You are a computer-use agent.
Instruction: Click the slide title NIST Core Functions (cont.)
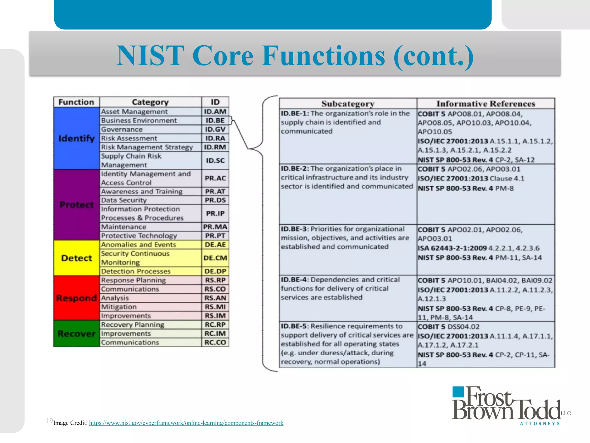tap(295, 55)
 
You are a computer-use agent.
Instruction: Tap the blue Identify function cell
tap(76, 138)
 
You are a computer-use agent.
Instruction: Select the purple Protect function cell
tap(76, 205)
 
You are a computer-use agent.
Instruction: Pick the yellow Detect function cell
tap(76, 258)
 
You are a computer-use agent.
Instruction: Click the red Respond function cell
tap(76, 298)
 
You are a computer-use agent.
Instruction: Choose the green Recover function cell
tap(76, 334)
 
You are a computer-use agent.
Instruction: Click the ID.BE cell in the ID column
tap(215, 121)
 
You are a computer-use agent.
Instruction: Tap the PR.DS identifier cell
tap(215, 200)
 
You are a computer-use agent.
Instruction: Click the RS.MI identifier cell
tap(215, 307)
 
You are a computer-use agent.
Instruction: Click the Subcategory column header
tap(348, 104)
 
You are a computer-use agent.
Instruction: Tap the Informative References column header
tap(486, 104)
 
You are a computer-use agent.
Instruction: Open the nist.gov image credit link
tap(186, 423)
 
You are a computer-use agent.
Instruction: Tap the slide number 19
tap(49, 421)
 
